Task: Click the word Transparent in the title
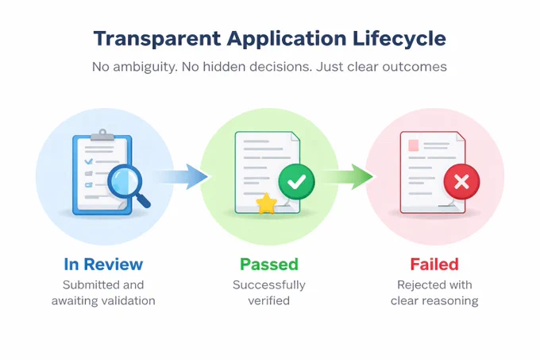coord(157,39)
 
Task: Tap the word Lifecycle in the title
coord(399,40)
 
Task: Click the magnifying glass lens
coord(125,180)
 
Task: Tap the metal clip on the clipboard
coord(102,135)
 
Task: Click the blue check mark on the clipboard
coord(89,161)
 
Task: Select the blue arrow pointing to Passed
coord(181,176)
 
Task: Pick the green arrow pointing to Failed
coord(347,176)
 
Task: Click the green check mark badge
coord(296,181)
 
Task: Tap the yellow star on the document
coord(266,203)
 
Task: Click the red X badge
coord(461,181)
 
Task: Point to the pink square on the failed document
coord(413,145)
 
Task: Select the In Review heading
coord(103,265)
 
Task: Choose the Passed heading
coord(269,265)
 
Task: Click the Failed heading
coord(434,265)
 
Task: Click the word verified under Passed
coord(269,300)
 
